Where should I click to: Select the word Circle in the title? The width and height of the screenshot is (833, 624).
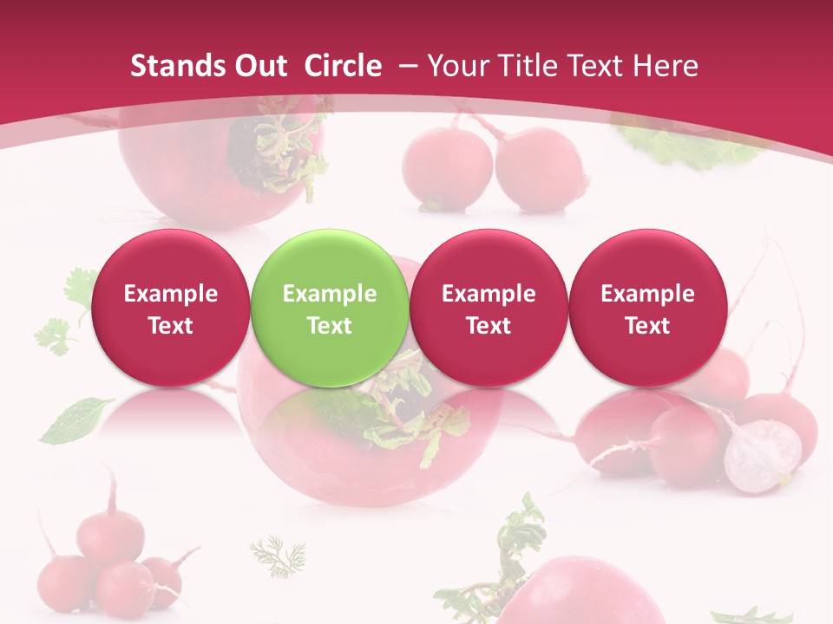point(343,66)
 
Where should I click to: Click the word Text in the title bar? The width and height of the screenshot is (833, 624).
point(596,66)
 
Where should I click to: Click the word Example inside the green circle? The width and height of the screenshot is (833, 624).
point(330,294)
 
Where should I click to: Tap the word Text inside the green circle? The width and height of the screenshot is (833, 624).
point(330,326)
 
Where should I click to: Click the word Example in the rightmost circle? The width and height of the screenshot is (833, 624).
point(647,294)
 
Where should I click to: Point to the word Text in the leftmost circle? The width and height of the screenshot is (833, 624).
point(170,326)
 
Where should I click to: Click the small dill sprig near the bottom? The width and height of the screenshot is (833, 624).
point(279,555)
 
